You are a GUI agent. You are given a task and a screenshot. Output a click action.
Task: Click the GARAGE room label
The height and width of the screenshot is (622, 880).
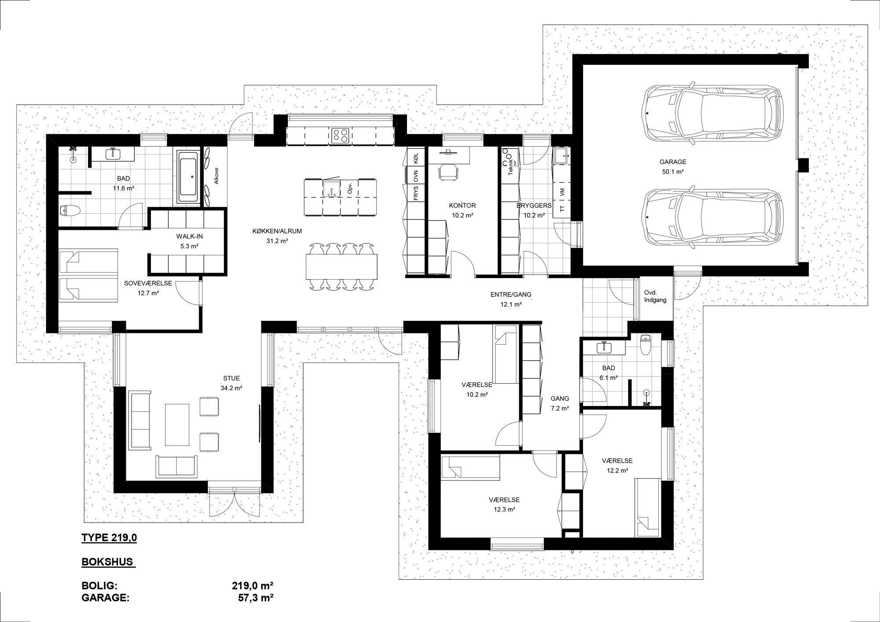point(673,162)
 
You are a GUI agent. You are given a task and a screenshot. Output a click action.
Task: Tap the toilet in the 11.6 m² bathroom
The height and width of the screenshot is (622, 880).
point(70,211)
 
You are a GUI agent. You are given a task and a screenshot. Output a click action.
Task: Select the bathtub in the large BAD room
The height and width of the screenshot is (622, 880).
point(189,177)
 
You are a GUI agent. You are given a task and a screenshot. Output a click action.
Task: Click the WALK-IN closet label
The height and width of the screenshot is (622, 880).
point(189,236)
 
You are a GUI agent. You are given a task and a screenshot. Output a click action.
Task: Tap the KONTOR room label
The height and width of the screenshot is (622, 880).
point(462,205)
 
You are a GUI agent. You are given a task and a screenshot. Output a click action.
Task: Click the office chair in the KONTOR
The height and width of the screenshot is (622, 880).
point(448,171)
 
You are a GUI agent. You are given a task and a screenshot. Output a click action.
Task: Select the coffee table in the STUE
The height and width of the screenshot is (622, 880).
point(177,425)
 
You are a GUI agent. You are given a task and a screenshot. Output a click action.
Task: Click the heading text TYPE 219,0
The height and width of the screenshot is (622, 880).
point(109,538)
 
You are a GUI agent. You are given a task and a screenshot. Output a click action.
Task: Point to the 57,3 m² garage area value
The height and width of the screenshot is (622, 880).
point(253,598)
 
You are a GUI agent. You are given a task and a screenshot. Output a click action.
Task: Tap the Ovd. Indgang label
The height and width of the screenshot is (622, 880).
point(655,296)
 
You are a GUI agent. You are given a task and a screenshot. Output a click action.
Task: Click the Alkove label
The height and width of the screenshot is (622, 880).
point(216,176)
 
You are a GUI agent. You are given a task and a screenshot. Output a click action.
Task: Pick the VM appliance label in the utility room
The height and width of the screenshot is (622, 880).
point(562,192)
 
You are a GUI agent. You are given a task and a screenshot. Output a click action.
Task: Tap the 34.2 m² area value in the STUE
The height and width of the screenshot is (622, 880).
point(231,388)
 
